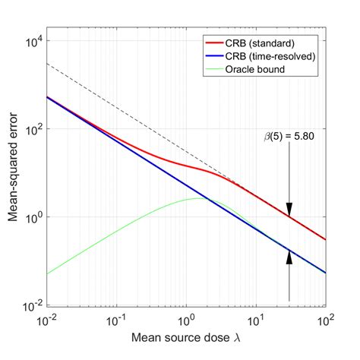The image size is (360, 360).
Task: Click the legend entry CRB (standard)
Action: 259,42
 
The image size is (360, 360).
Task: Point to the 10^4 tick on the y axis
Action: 35,41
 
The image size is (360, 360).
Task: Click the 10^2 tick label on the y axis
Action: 35,129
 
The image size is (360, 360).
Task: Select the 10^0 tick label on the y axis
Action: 35,217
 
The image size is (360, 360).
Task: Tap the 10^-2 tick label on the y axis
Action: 33,305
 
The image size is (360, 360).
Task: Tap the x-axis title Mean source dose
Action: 182,338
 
